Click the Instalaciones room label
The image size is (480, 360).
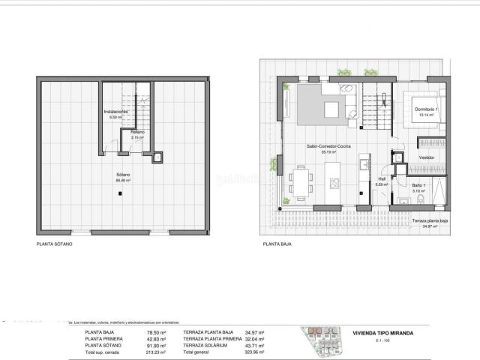(x=115, y=112)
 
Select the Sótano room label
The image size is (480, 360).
(x=124, y=175)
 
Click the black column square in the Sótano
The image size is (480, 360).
(x=119, y=193)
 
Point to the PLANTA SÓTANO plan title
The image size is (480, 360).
(x=54, y=244)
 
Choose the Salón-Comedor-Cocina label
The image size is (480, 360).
(x=328, y=148)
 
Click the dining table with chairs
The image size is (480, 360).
(x=303, y=180)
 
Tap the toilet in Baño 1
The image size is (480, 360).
(x=402, y=199)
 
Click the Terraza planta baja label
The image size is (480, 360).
(x=430, y=220)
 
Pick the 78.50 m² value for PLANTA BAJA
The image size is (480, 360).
(x=156, y=331)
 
